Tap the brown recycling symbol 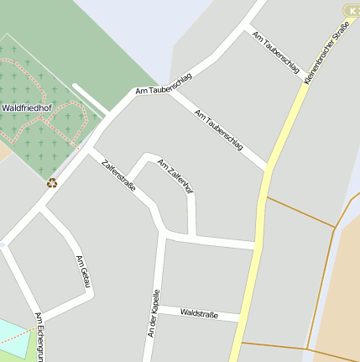52,181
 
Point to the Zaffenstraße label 118,176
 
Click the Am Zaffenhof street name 175,177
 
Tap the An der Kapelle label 153,313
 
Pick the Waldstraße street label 199,314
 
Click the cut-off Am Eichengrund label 39,337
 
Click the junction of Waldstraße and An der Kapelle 157,309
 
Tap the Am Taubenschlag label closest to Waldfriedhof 163,85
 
